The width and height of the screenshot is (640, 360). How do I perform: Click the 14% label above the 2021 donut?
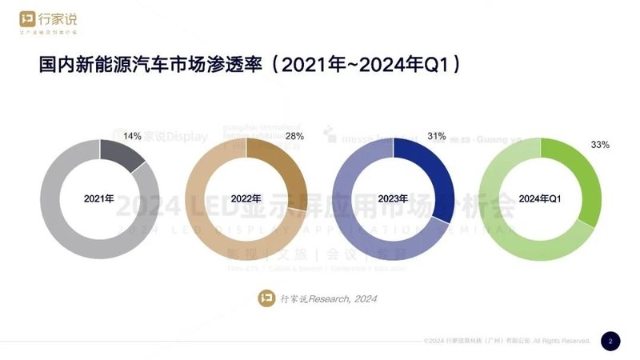pyautogui.click(x=132, y=136)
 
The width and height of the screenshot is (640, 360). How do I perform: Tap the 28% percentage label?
pyautogui.click(x=294, y=136)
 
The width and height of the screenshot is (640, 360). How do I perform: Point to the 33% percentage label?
pyautogui.click(x=600, y=145)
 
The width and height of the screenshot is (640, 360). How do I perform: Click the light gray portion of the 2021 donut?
pyautogui.click(x=72, y=232)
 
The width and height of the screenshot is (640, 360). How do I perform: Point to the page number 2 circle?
pyautogui.click(x=610, y=341)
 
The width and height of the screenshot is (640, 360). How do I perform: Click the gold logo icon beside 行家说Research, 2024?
pyautogui.click(x=266, y=298)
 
